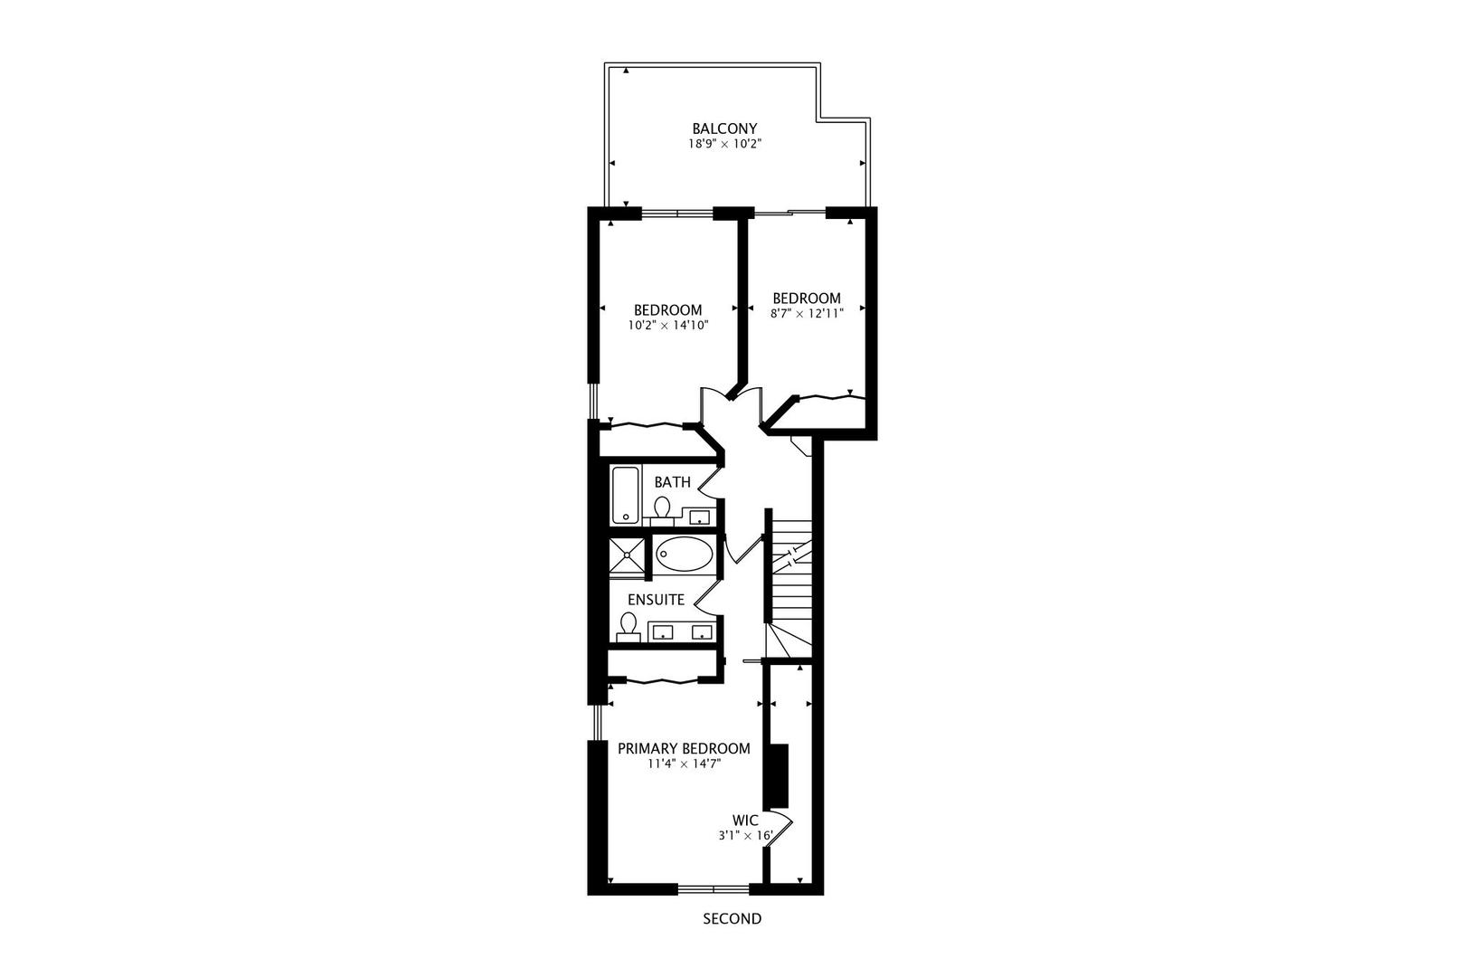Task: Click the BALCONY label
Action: pyautogui.click(x=724, y=128)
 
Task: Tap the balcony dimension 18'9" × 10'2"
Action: pyautogui.click(x=724, y=144)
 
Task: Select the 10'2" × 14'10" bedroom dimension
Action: pyautogui.click(x=667, y=325)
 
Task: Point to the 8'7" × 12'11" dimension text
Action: pyautogui.click(x=807, y=313)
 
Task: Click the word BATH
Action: pyautogui.click(x=673, y=482)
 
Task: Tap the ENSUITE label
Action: pyautogui.click(x=656, y=600)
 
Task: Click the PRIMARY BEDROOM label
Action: pyautogui.click(x=684, y=749)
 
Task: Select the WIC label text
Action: pyautogui.click(x=745, y=820)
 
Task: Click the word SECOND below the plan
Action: pyautogui.click(x=732, y=919)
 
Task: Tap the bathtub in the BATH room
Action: pyautogui.click(x=625, y=494)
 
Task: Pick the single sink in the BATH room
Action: pyautogui.click(x=700, y=517)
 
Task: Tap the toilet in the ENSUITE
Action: pyautogui.click(x=629, y=625)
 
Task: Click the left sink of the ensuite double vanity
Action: pyautogui.click(x=665, y=631)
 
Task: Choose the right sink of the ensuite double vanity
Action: pyautogui.click(x=702, y=631)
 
